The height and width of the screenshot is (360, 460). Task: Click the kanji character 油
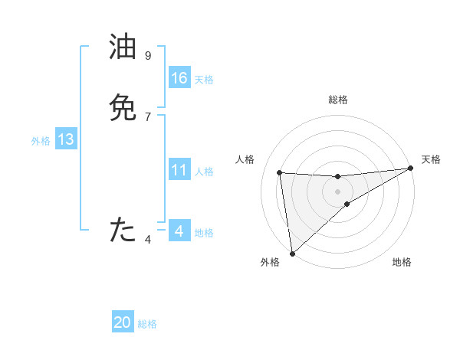pyautogui.click(x=123, y=47)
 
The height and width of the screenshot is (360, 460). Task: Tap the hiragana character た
pyautogui.click(x=123, y=230)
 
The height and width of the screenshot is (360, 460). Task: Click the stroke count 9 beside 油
pyautogui.click(x=148, y=55)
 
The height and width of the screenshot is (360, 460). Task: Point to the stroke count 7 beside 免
pyautogui.click(x=148, y=116)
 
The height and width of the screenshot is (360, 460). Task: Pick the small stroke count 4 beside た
pyautogui.click(x=148, y=240)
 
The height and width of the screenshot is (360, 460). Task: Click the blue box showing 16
pyautogui.click(x=179, y=78)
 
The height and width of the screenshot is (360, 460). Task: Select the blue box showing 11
pyautogui.click(x=179, y=170)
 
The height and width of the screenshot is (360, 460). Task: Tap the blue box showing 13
pyautogui.click(x=66, y=139)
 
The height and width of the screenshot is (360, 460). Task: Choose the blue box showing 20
pyautogui.click(x=123, y=322)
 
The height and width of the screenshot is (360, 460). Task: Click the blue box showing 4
pyautogui.click(x=179, y=231)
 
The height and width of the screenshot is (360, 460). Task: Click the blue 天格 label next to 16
pyautogui.click(x=204, y=80)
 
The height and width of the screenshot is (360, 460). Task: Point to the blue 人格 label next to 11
pyautogui.click(x=204, y=172)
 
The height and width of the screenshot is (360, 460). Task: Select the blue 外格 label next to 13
pyautogui.click(x=41, y=141)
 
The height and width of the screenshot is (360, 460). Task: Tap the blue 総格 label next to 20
pyautogui.click(x=147, y=324)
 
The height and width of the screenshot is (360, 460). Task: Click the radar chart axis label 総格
pyautogui.click(x=338, y=100)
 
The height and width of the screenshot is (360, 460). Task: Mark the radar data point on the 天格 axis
pyautogui.click(x=410, y=169)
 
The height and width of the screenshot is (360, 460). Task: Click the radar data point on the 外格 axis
pyautogui.click(x=292, y=253)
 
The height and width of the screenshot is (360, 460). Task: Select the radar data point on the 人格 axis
pyautogui.click(x=280, y=172)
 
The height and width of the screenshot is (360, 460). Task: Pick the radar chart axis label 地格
pyautogui.click(x=402, y=263)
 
